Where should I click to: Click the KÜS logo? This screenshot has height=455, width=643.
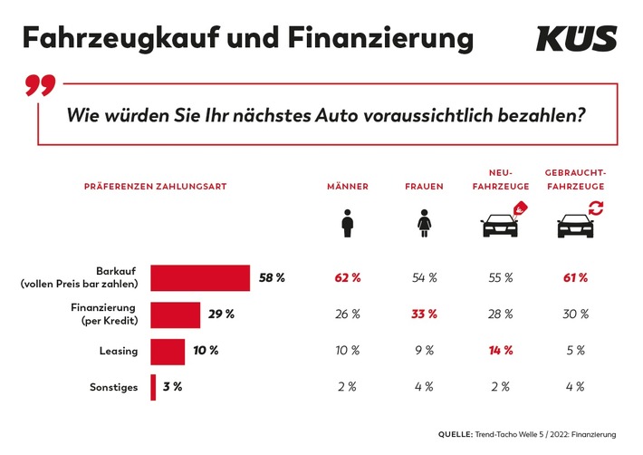tap(576, 39)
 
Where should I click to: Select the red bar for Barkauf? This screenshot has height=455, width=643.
tap(200, 278)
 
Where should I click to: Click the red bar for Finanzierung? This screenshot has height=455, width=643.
tap(175, 315)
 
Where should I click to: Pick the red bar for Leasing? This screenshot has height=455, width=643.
tap(167, 351)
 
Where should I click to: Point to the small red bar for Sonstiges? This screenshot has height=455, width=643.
tap(153, 387)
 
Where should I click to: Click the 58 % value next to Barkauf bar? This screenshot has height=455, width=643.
tap(272, 278)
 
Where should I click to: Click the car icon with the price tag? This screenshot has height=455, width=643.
tap(501, 222)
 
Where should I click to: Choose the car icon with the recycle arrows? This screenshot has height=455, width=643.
tap(576, 222)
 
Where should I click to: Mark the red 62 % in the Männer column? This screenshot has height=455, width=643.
tap(348, 278)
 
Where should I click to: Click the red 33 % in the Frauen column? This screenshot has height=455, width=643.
tap(424, 315)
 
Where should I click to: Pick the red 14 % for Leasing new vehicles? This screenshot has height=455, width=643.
tap(500, 351)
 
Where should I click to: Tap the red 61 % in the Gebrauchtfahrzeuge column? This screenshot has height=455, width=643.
tap(576, 278)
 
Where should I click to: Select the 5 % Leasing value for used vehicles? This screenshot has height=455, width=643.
tap(576, 351)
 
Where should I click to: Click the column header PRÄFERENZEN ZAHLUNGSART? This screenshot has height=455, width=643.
tap(154, 186)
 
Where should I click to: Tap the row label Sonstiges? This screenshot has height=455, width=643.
tap(115, 387)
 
